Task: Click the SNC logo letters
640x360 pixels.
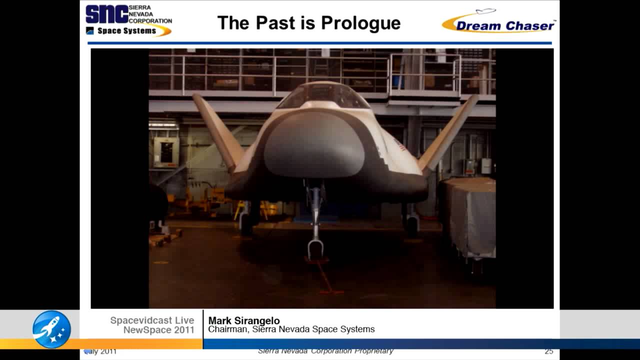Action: coord(106,14)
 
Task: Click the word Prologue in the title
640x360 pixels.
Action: coord(360,23)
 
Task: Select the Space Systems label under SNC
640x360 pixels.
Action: coord(126,31)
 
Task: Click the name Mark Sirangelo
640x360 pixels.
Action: coord(244,320)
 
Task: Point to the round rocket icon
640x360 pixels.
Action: coord(51,329)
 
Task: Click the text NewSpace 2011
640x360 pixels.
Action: coord(158,330)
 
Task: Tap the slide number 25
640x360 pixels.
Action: coord(548,351)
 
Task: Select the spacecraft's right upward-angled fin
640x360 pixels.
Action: coord(449,131)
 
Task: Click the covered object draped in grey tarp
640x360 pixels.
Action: coord(467,215)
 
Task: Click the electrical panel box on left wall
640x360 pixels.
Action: coord(165,152)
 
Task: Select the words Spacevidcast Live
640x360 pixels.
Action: coord(152,320)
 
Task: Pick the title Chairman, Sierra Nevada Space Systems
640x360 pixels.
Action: coord(291,329)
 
